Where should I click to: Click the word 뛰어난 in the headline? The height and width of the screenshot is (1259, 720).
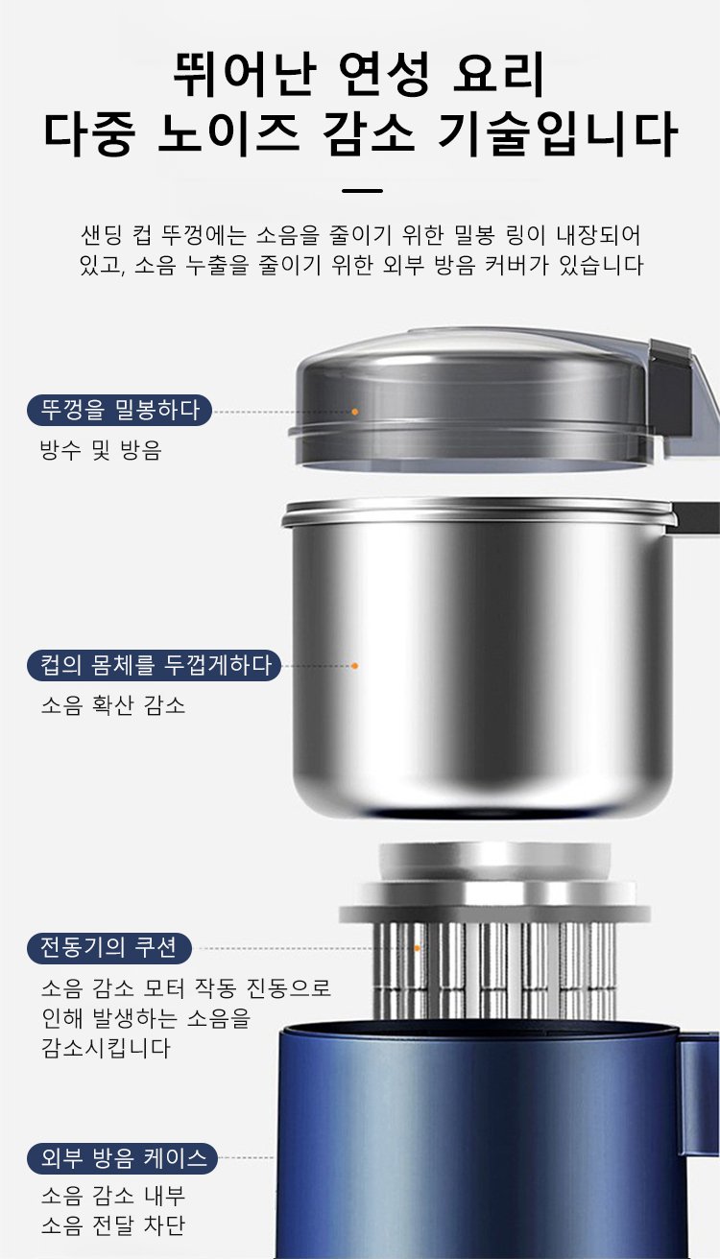[245, 74]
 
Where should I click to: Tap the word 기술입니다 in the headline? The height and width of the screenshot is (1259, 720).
[558, 133]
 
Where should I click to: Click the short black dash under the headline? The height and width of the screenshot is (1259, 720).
[362, 191]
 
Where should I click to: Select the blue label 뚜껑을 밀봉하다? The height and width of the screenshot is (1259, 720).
[119, 411]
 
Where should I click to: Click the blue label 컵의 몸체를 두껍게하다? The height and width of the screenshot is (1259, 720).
[154, 665]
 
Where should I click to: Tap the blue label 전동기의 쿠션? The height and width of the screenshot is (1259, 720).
[109, 948]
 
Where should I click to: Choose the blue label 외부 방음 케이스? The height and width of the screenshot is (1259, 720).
[122, 1158]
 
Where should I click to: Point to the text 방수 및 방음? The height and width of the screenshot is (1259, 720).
[101, 450]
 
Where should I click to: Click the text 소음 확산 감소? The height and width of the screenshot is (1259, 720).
[113, 704]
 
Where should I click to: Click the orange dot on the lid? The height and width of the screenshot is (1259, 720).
[355, 412]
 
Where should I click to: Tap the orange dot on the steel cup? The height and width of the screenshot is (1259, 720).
[355, 666]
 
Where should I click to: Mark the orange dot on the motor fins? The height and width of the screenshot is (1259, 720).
[418, 948]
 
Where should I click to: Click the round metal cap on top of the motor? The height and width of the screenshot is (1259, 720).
[494, 862]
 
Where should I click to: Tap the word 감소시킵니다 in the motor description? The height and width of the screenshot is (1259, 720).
[106, 1048]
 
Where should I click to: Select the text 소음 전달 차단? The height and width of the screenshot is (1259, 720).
[113, 1225]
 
